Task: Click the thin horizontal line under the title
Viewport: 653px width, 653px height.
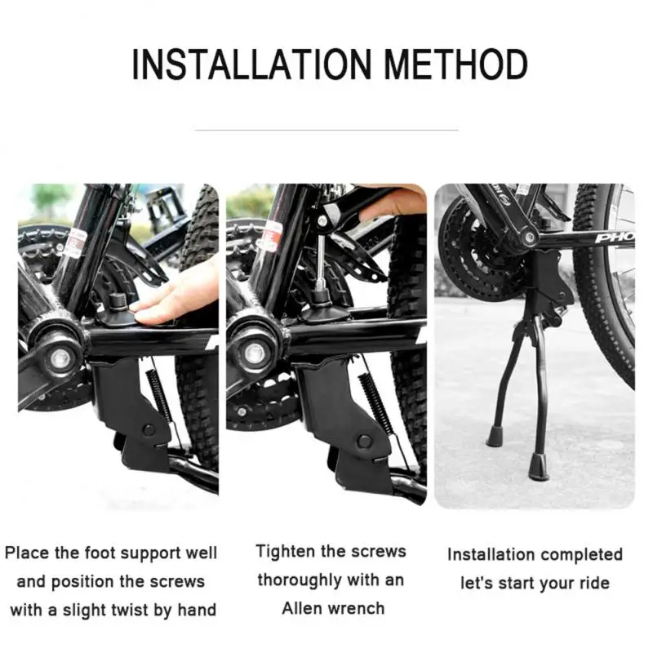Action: click(326, 129)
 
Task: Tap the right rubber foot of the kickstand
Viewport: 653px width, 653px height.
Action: click(539, 468)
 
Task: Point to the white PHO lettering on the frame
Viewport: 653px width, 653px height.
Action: click(614, 238)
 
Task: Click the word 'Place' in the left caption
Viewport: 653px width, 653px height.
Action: click(28, 553)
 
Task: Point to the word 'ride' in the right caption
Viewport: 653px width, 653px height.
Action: click(593, 583)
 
